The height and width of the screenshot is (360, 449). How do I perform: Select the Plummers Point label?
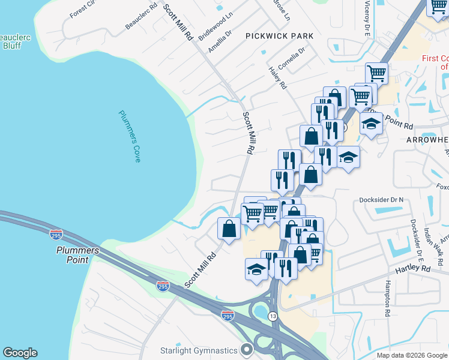pyautogui.click(x=73, y=255)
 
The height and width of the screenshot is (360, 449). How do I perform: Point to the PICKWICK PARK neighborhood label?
pyautogui.click(x=279, y=36)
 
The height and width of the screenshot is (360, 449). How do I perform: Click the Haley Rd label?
pyautogui.click(x=277, y=78)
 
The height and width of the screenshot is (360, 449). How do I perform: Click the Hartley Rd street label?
pyautogui.click(x=417, y=269)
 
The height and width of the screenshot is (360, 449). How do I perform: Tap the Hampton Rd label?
pyautogui.click(x=388, y=298)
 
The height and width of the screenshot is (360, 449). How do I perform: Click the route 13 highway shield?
pyautogui.click(x=273, y=316)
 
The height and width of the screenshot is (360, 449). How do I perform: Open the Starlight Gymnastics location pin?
pyautogui.click(x=247, y=349)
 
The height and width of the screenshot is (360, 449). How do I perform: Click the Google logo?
pyautogui.click(x=20, y=353)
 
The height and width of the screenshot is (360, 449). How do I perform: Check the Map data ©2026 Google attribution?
pyautogui.click(x=412, y=355)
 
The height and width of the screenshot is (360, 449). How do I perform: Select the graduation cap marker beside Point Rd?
pyautogui.click(x=371, y=124)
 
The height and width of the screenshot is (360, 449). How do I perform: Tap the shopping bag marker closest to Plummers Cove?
pyautogui.click(x=229, y=229)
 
